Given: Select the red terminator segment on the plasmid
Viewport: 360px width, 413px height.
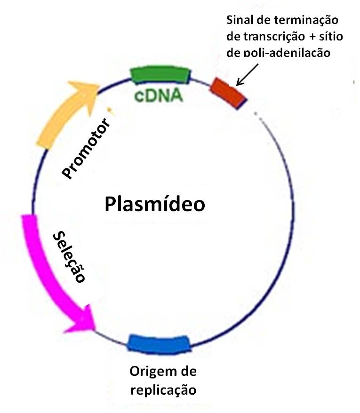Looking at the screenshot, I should pyautogui.click(x=228, y=92).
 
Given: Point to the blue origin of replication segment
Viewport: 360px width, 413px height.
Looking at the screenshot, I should pyautogui.click(x=159, y=343).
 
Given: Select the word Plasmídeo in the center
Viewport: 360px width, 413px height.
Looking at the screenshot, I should pyautogui.click(x=155, y=205).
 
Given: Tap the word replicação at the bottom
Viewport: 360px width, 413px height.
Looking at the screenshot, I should pyautogui.click(x=163, y=390).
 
